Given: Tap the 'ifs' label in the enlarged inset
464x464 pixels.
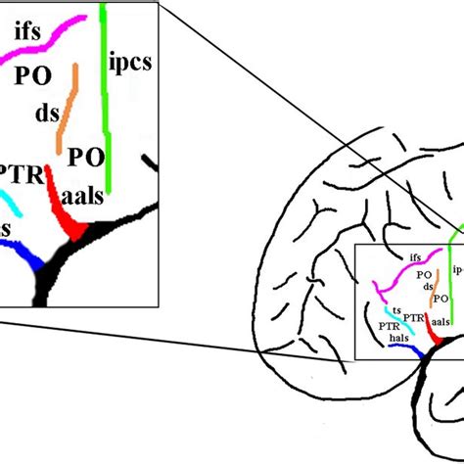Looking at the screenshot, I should coord(27,33).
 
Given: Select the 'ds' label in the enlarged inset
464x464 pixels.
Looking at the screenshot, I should coord(47,114).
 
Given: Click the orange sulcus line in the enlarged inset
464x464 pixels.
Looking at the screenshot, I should coord(68,108).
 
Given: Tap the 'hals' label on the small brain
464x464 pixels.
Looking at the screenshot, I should coord(398,338).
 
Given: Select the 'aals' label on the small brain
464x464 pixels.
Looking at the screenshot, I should coord(441,321).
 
